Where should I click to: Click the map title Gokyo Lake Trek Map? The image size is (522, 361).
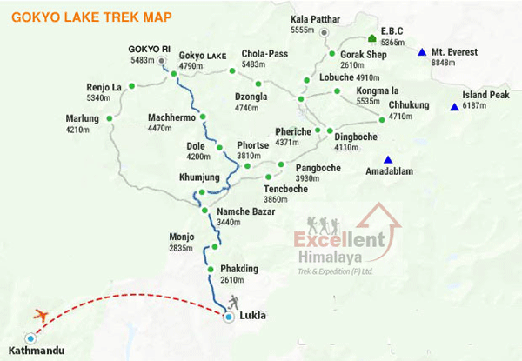pyautogui.click(x=90, y=17)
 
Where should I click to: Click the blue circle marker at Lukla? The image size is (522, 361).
pyautogui.click(x=228, y=318)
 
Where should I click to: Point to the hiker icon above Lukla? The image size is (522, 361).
pyautogui.click(x=233, y=302)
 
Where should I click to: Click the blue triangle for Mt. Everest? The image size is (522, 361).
pyautogui.click(x=422, y=52)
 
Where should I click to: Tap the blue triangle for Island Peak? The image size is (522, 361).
pyautogui.click(x=454, y=107)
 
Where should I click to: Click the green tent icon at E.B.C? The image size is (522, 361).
pyautogui.click(x=371, y=39)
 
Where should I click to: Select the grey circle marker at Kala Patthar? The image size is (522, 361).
pyautogui.click(x=324, y=32)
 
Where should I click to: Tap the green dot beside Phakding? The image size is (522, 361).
pyautogui.click(x=211, y=269)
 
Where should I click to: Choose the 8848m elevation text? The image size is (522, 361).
pyautogui.click(x=445, y=63)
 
